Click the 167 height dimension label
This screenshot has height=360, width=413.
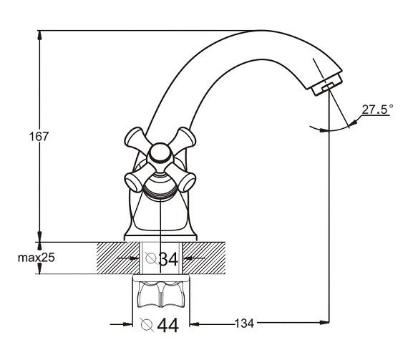(39, 137)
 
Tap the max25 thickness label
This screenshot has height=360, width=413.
(37, 258)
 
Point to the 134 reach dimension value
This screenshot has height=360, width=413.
(244, 323)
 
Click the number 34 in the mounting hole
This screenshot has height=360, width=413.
(169, 259)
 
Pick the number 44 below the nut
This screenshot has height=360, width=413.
(167, 326)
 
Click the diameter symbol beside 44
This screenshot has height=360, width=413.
(147, 324)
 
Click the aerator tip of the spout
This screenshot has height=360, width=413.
(327, 85)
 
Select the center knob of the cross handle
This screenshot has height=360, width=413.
(160, 154)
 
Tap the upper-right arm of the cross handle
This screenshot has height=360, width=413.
(184, 137)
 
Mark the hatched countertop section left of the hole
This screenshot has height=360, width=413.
(117, 258)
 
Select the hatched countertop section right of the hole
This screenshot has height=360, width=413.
(204, 258)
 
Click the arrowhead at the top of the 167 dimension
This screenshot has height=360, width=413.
(39, 35)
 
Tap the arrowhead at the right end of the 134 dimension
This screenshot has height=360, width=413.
(324, 322)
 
